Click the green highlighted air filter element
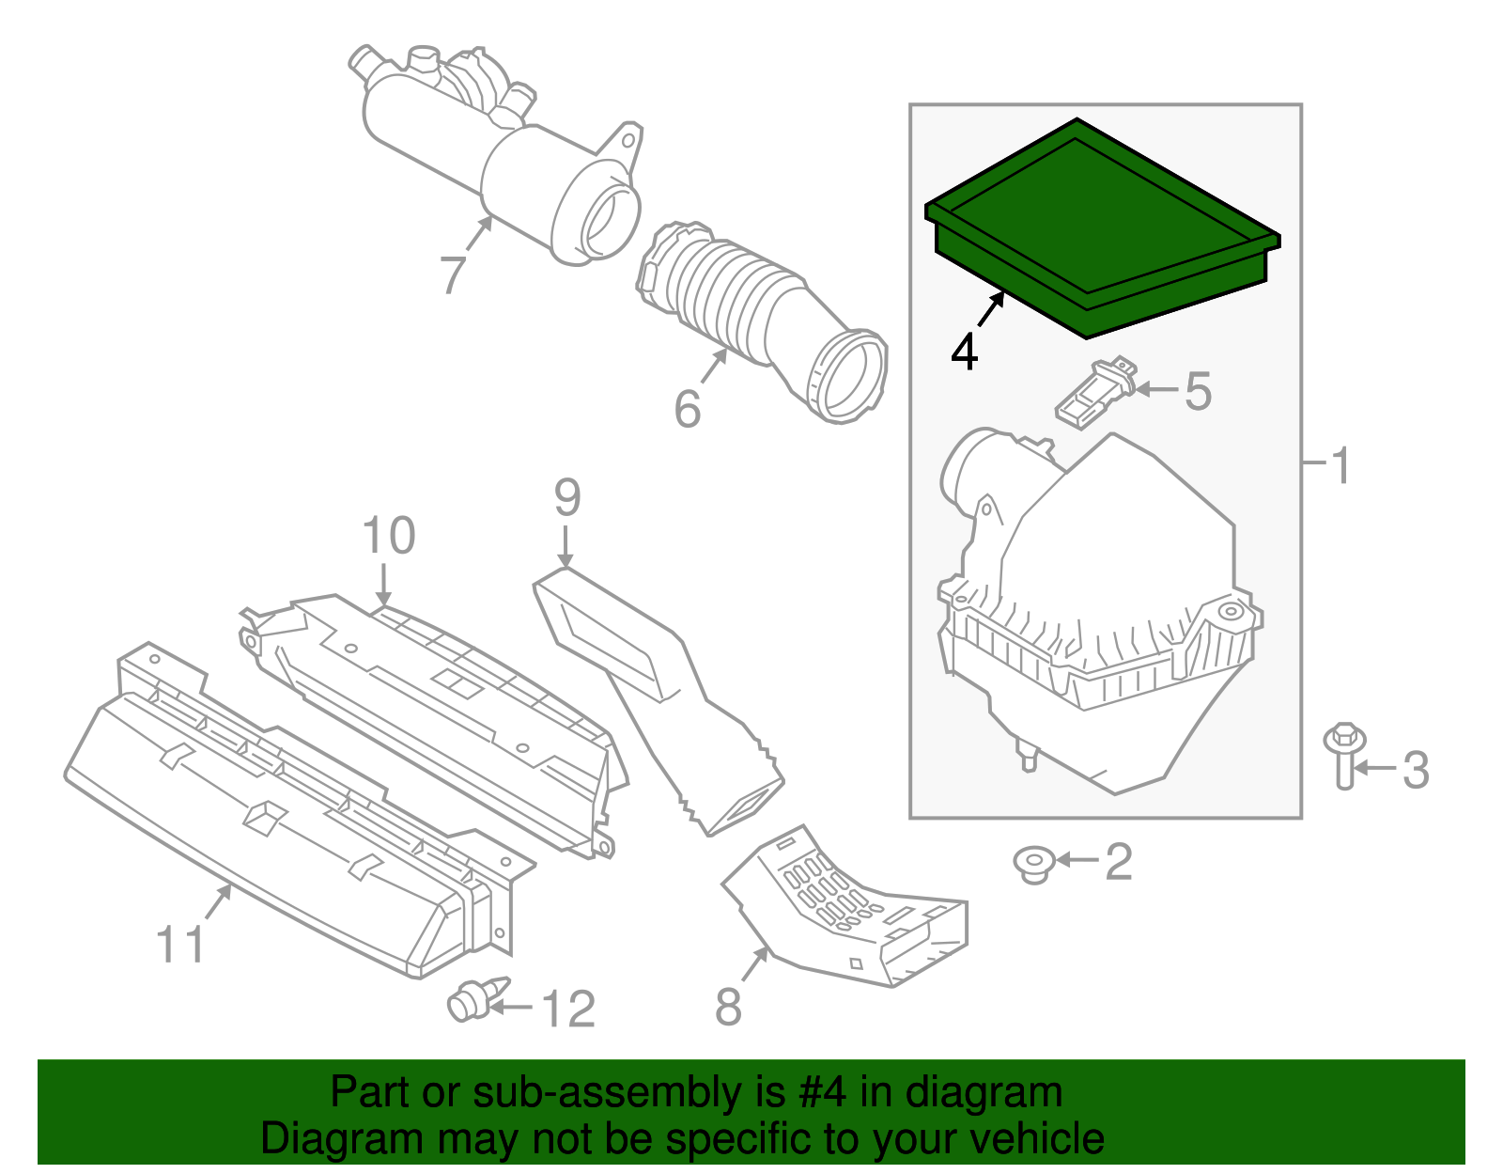1099,230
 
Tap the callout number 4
964,352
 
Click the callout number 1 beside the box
1341,465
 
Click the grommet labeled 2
1033,863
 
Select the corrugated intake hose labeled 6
742,301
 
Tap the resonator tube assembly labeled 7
498,160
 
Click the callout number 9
567,498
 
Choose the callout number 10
389,537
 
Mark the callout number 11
180,945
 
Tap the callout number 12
568,1010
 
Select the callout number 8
728,1008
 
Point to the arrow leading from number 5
1157,389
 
